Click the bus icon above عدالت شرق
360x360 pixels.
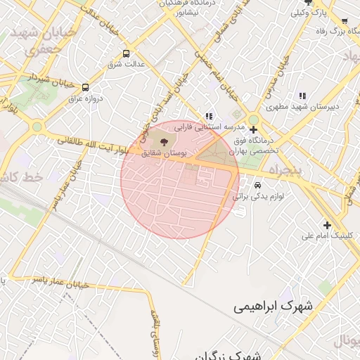pos(126,53)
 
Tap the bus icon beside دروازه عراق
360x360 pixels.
pos(86,88)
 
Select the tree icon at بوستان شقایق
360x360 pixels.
pos(164,141)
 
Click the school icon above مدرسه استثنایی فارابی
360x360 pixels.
pos(209,116)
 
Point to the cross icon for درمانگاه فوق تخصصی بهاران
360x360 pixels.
pos(253,129)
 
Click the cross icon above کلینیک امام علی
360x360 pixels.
pos(327,224)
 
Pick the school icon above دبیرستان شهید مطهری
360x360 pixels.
pos(302,96)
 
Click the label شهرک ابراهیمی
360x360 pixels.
pos(276,307)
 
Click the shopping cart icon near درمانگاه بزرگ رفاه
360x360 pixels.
pos(345,21)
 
